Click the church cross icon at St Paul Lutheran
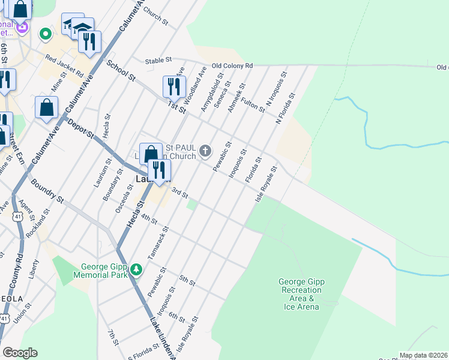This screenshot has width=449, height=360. click(x=206, y=150)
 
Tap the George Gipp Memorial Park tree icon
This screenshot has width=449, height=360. click(x=137, y=269)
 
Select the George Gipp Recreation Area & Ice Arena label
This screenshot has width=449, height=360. click(x=301, y=294)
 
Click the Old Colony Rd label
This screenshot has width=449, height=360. click(x=232, y=65)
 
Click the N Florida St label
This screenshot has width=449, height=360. click(x=286, y=109)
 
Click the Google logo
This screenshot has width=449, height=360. click(x=20, y=353)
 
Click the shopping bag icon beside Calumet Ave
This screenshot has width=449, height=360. click(x=47, y=109)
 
